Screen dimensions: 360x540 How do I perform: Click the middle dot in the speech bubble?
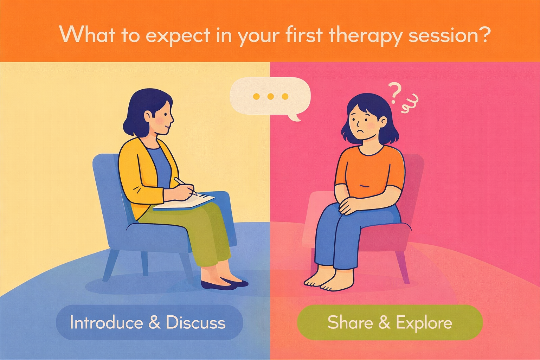(x=270, y=96)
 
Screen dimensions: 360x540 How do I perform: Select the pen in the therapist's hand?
(x=185, y=186)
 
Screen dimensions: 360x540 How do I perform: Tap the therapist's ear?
(x=148, y=116)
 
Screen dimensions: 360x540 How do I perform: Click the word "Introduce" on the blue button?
(x=106, y=322)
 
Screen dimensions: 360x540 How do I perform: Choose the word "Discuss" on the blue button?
(x=195, y=322)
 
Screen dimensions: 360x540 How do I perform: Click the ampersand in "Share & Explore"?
(x=384, y=322)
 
